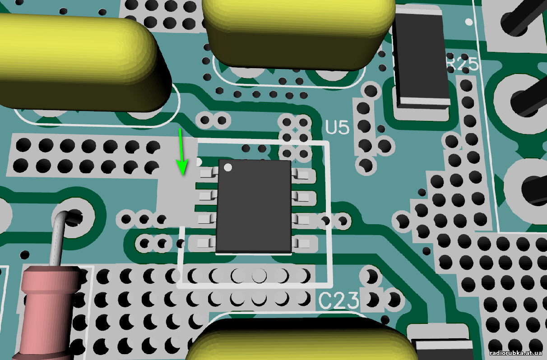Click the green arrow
coord(181,152)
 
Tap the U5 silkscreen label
coord(337,127)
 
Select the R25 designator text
coord(462,64)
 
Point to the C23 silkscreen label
coord(338,300)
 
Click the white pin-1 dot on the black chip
coord(228,167)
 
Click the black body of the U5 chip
coord(254,207)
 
